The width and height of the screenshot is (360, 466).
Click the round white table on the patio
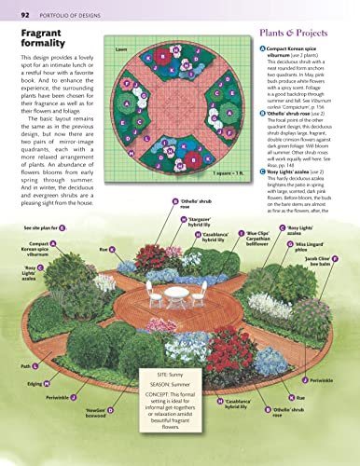tap(175, 267)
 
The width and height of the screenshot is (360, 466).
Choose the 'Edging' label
tap(31, 382)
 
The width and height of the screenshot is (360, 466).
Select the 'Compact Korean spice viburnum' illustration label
tap(31, 249)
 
